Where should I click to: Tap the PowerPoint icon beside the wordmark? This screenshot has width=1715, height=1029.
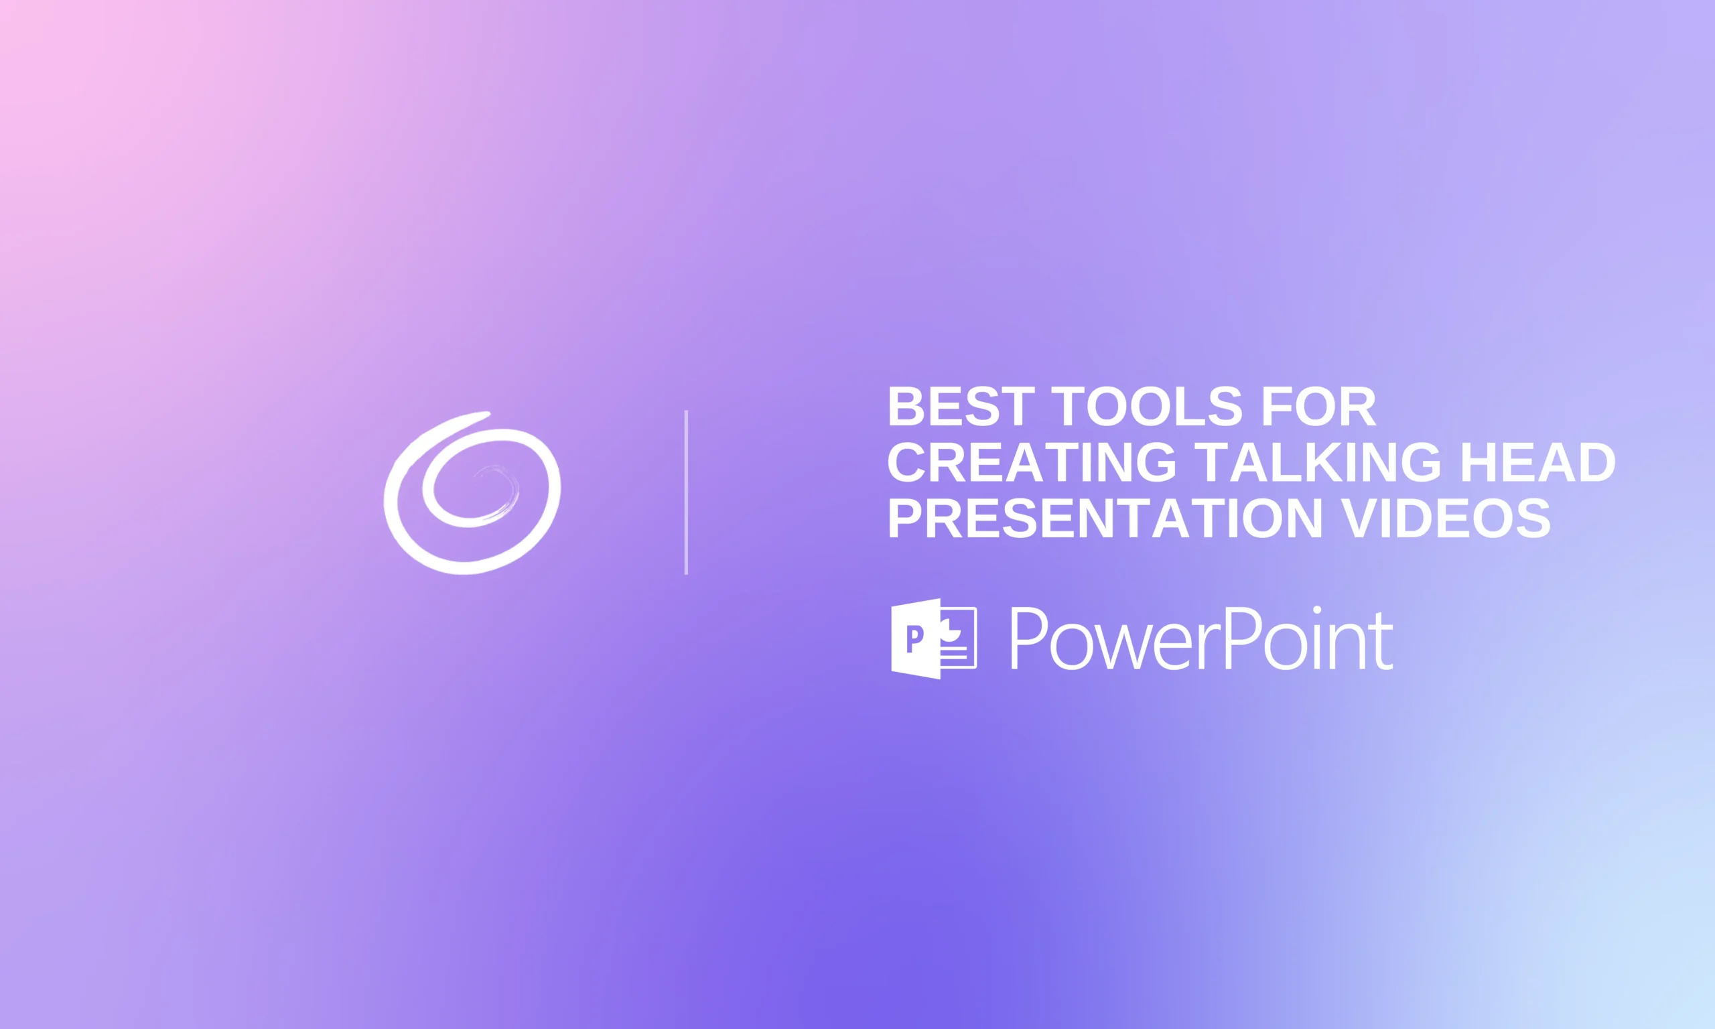point(933,638)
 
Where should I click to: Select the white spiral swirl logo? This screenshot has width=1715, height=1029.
point(472,493)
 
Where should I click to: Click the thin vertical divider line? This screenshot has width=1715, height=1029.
point(686,492)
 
